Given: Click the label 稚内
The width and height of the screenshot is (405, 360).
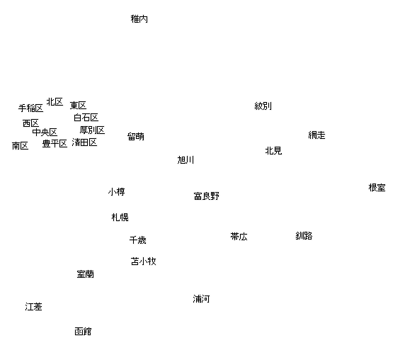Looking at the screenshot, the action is (139, 19).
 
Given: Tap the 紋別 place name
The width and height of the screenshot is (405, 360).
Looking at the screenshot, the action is (263, 106).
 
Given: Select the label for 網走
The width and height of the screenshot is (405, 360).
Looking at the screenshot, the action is (316, 135).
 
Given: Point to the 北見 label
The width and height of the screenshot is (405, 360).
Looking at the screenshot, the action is (273, 151).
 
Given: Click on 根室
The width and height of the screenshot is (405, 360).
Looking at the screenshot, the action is (377, 188).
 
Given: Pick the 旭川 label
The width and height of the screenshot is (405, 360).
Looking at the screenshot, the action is (186, 160).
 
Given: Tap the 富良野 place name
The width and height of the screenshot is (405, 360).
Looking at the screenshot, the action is (206, 196).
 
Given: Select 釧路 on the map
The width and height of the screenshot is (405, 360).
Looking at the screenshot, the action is (304, 236).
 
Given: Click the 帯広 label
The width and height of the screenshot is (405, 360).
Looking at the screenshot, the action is (239, 237).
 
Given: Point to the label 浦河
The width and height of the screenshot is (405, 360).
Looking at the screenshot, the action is (201, 299).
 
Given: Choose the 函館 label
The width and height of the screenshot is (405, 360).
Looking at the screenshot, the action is (83, 332).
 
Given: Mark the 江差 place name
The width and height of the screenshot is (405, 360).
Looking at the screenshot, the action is (33, 307).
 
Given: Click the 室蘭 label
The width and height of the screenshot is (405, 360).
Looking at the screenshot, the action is (86, 274).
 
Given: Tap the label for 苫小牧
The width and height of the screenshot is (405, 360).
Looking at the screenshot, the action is (143, 261).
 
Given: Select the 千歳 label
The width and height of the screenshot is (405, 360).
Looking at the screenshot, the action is (138, 240).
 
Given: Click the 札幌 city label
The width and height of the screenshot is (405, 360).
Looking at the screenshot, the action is (120, 218).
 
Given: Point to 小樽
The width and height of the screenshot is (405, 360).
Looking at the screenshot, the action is (117, 192).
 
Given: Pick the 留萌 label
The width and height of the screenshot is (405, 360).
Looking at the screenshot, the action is (136, 137).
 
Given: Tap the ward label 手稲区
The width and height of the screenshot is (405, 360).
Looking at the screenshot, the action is (30, 108).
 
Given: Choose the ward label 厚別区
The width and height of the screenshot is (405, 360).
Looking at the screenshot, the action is (92, 130).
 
